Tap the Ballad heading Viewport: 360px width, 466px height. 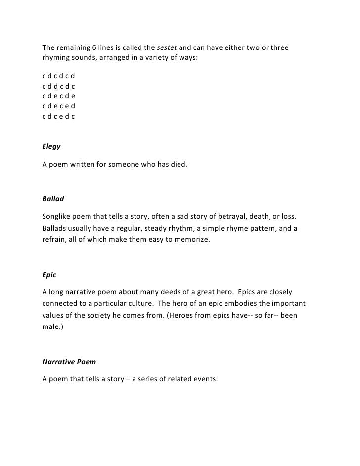click(53, 199)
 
